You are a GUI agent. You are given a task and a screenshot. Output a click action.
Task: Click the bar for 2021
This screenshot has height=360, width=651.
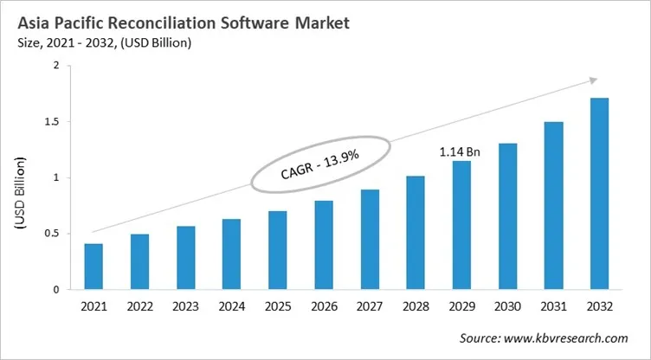click(x=93, y=267)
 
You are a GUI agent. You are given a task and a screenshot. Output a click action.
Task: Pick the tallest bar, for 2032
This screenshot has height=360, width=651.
click(x=598, y=194)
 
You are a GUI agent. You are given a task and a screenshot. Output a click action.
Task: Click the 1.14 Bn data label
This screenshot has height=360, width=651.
click(x=460, y=152)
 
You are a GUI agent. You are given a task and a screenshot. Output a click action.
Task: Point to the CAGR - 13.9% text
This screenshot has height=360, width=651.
click(x=320, y=163)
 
